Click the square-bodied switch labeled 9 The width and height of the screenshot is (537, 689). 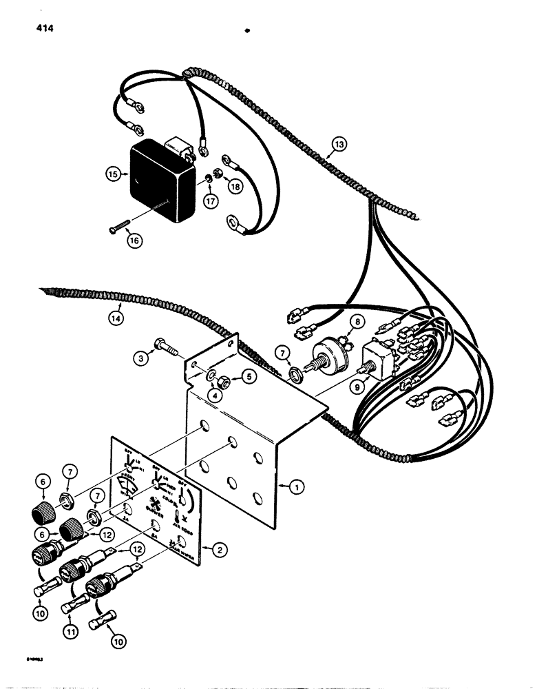378,360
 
